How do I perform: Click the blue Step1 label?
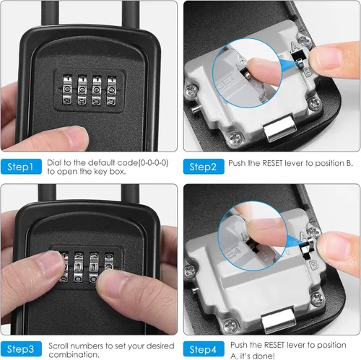point(21,167)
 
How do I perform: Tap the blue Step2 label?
point(204,167)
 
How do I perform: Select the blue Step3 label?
point(21,349)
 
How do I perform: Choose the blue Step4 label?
point(204,349)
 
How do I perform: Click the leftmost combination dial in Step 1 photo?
point(67,89)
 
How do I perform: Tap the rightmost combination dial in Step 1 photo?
point(112,91)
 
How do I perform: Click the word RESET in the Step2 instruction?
point(272,163)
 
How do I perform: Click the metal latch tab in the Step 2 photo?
point(280,128)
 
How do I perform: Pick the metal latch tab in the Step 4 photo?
point(279,320)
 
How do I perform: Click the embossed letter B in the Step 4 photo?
point(314,265)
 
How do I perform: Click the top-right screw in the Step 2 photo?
point(304,40)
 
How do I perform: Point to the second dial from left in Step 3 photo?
point(79,267)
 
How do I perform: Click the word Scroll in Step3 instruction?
point(58,346)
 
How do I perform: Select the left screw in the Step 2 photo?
point(192,91)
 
